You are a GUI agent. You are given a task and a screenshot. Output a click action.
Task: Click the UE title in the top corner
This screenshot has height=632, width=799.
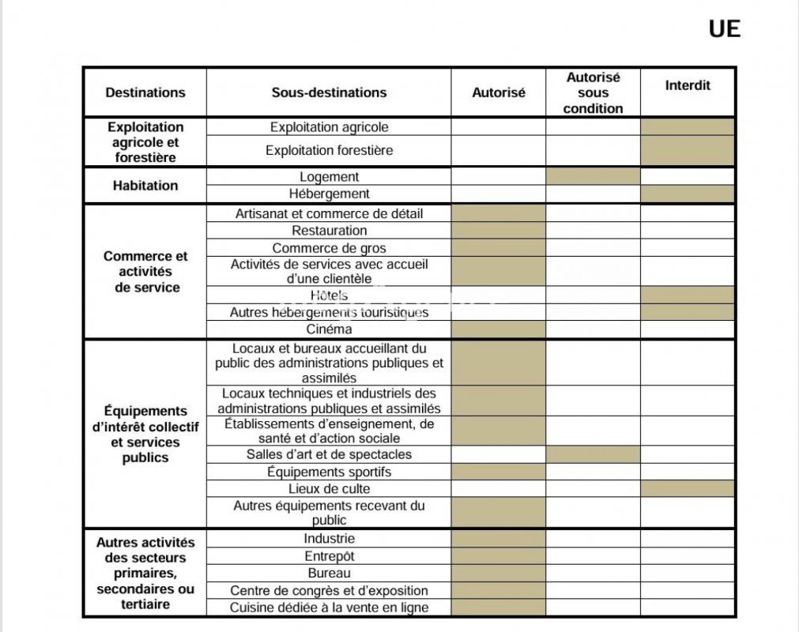[724, 29]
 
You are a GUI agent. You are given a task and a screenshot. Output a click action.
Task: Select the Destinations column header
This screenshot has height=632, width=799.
[145, 92]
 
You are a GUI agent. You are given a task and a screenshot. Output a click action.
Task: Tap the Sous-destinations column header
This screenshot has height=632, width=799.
[329, 92]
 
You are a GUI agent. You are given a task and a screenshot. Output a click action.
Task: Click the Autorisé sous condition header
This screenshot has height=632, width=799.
[593, 92]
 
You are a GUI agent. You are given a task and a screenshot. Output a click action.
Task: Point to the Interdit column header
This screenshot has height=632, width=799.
[688, 85]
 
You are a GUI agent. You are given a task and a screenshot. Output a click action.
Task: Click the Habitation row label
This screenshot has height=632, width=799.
[145, 186]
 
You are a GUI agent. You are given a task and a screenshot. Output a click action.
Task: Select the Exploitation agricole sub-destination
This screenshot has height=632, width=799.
[329, 127]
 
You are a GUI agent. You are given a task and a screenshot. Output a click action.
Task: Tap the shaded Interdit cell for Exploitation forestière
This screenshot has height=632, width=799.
[688, 150]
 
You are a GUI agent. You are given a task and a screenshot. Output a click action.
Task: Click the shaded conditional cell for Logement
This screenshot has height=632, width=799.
[593, 176]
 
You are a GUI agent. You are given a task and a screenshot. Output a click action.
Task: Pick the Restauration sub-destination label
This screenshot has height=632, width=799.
[329, 231]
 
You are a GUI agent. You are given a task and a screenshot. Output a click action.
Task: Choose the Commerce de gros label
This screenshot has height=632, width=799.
[329, 248]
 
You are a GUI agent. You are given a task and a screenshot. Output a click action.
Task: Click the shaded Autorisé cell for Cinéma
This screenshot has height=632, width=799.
[499, 329]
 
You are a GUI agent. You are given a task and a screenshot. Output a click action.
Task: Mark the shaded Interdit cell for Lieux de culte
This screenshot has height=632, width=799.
[688, 489]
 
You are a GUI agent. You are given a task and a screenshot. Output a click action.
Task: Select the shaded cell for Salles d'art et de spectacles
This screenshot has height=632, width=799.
[593, 454]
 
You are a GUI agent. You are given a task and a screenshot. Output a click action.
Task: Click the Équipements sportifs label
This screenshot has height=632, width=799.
[329, 472]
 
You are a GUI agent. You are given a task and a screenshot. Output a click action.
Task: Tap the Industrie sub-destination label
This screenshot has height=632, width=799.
[329, 539]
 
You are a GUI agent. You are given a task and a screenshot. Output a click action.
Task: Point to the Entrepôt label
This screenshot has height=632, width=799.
[329, 556]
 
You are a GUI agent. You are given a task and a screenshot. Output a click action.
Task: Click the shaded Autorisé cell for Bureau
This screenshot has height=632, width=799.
[499, 573]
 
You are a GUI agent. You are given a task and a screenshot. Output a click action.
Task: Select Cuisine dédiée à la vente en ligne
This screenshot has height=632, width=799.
[329, 608]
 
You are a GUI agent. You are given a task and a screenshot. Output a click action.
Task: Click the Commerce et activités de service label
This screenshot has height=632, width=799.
[145, 272]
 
